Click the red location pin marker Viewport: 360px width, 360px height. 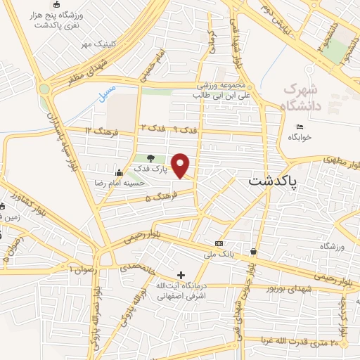coord(182,165)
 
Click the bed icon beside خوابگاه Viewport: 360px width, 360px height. coord(300,127)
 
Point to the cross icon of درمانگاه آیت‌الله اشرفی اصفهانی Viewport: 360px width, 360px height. coord(181,275)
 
